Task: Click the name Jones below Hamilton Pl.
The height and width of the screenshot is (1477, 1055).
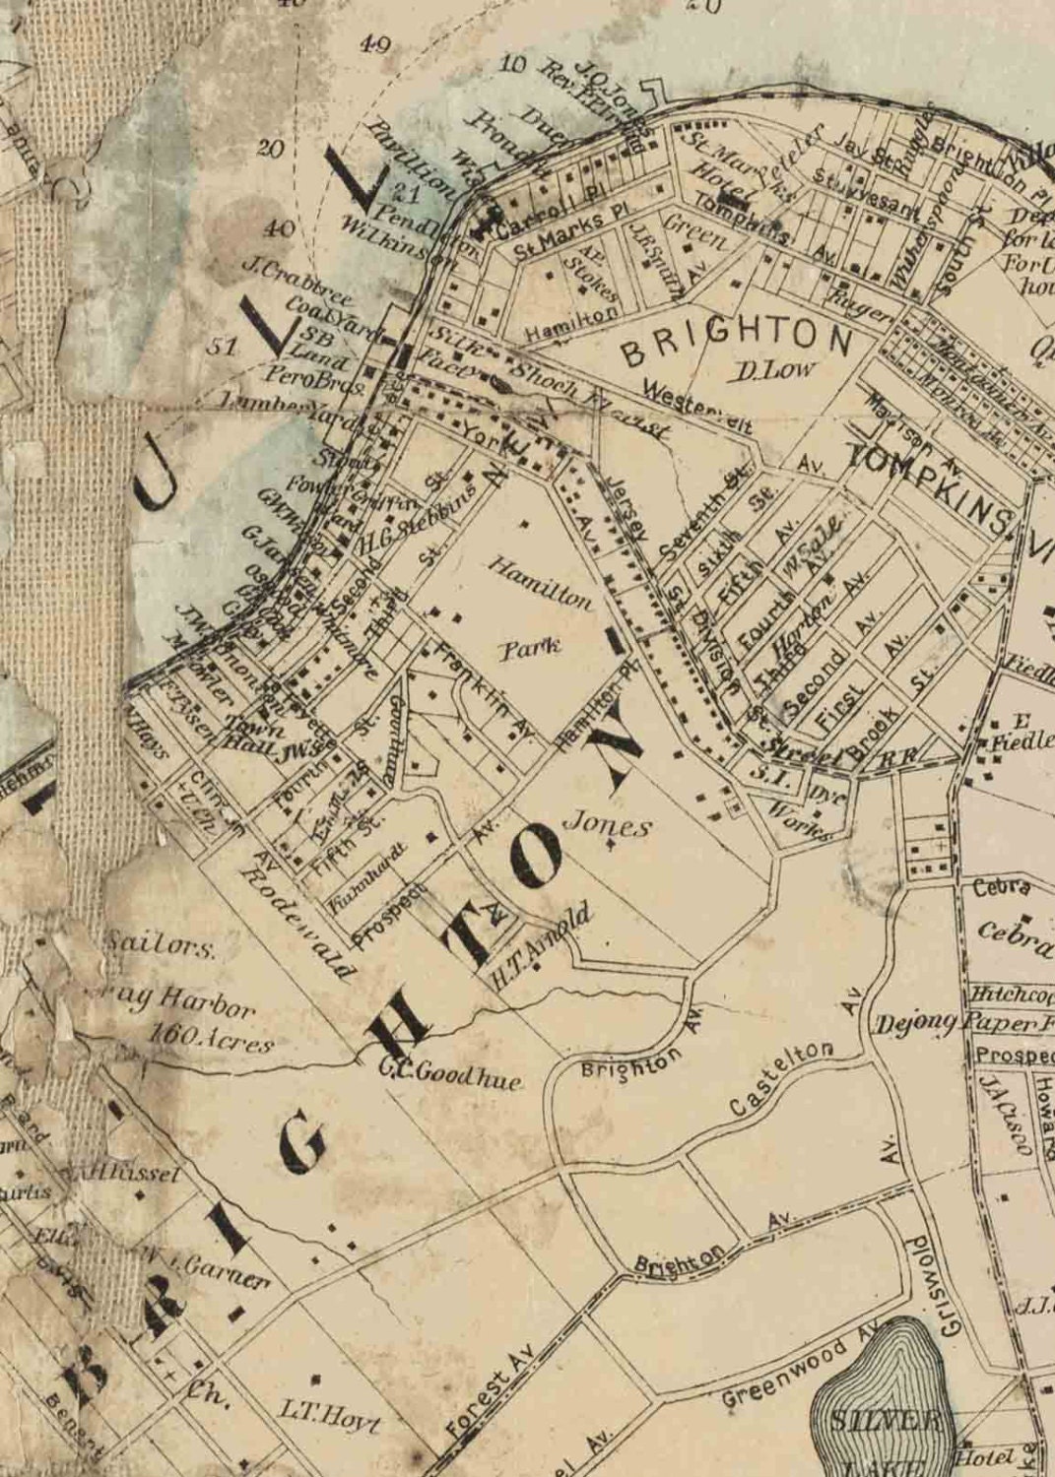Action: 607,825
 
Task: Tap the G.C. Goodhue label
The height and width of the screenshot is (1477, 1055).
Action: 450,1073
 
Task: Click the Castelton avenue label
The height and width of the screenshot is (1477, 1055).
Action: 783,1077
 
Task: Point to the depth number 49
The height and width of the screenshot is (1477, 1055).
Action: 375,44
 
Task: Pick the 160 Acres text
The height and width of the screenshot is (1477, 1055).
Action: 211,1037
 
